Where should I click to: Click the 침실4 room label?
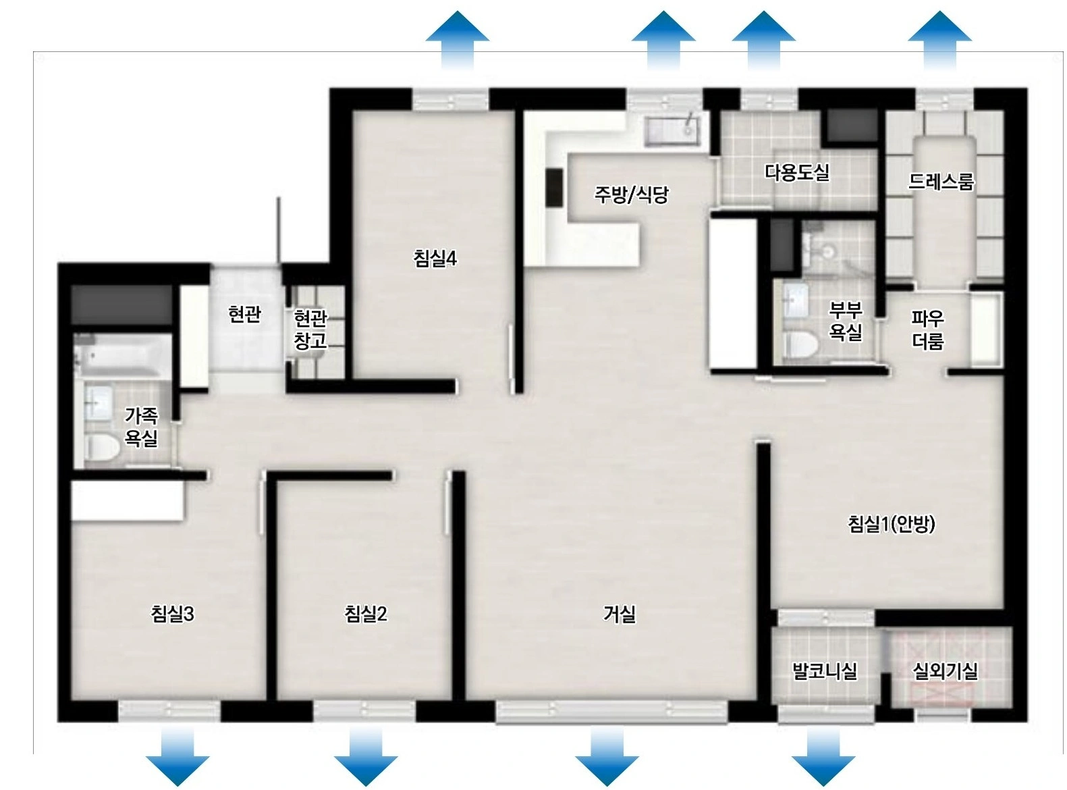[435, 259]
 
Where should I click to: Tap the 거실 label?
[619, 614]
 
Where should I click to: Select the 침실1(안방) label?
[891, 524]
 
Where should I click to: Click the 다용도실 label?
[797, 172]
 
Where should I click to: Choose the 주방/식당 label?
[630, 194]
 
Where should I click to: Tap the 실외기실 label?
[945, 671]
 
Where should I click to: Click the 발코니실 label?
[825, 671]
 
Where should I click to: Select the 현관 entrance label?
[244, 315]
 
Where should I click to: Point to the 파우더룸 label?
[927, 330]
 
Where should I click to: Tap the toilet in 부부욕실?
[800, 344]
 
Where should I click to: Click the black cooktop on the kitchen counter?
[554, 188]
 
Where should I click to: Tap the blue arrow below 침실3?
[177, 756]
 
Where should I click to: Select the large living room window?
[611, 712]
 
